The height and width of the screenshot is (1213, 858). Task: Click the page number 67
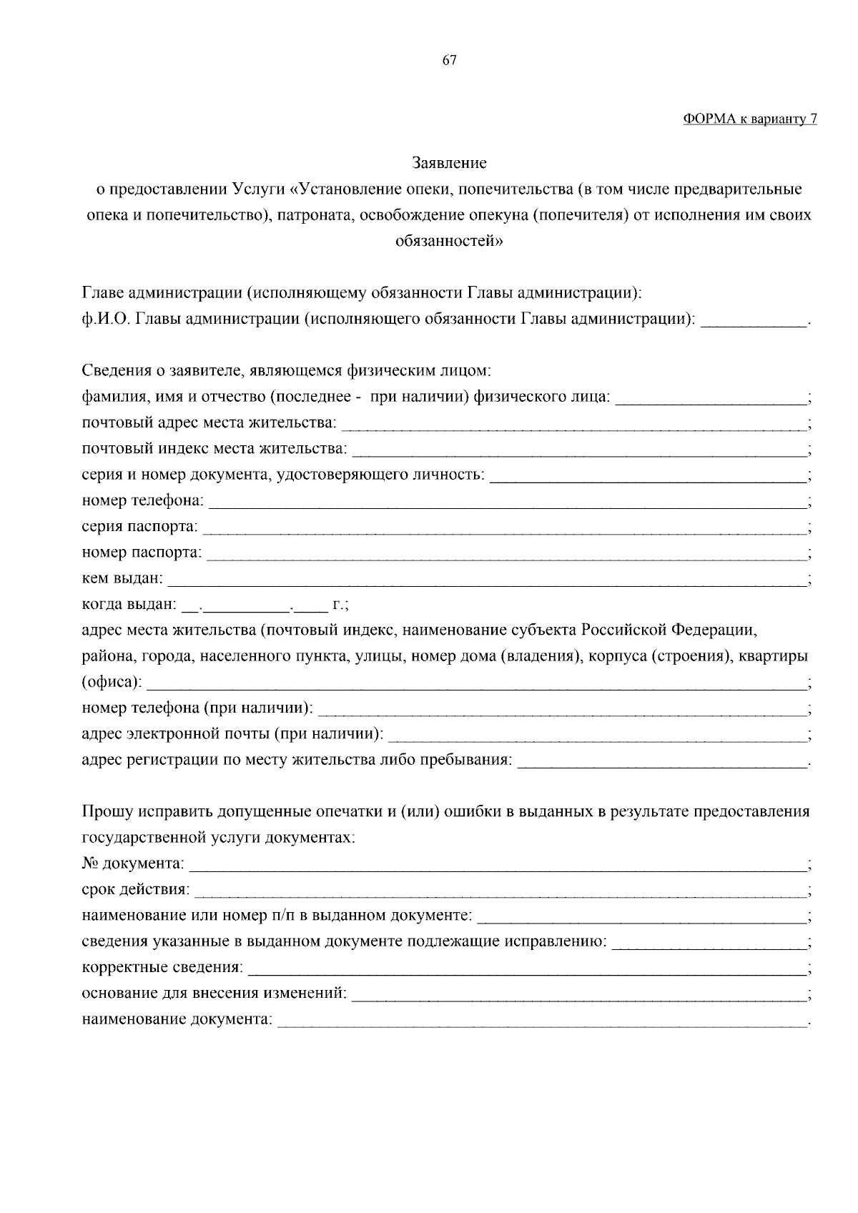tap(449, 60)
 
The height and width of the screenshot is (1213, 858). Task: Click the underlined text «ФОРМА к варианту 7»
tap(749, 119)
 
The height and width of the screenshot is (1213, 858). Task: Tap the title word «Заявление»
tap(449, 163)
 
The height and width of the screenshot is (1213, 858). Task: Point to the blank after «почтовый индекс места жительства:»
tap(579, 451)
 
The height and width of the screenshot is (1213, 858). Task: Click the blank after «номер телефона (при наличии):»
tap(561, 710)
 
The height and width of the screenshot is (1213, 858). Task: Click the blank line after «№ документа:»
tap(497, 866)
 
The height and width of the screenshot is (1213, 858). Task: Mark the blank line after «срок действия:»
tap(499, 891)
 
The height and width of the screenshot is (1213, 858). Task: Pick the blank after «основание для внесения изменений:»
tap(579, 995)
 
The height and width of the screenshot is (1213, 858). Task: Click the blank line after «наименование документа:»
tap(541, 1021)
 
